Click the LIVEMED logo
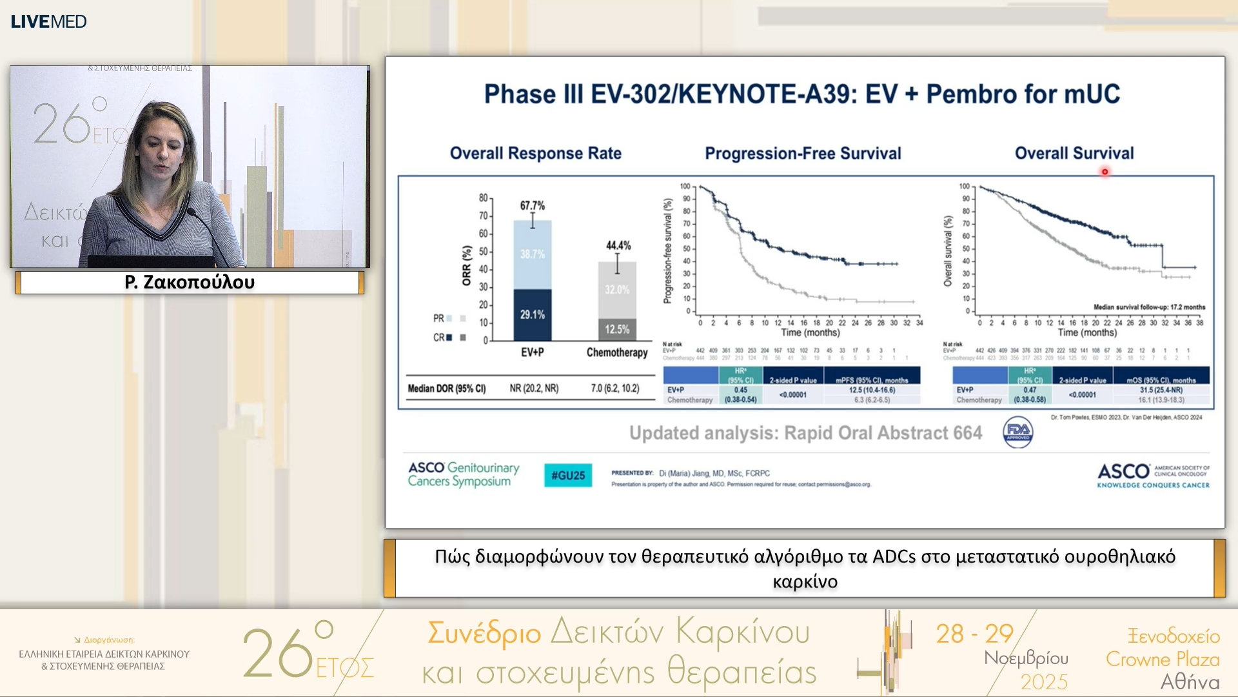[x=48, y=21]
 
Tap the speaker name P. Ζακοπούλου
[x=190, y=283]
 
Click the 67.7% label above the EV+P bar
[x=533, y=205]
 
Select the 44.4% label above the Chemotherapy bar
[x=618, y=245]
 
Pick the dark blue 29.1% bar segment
[x=533, y=315]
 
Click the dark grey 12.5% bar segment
[x=617, y=329]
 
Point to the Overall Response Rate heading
[x=535, y=154]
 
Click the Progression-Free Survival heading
[x=803, y=154]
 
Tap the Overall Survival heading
[x=1074, y=154]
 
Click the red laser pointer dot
[x=1105, y=172]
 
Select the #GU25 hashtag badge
[x=567, y=476]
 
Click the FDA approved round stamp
[x=1018, y=432]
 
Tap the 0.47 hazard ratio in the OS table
[x=1030, y=390]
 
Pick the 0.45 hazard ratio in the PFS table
[x=740, y=390]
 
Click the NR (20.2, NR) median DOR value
[x=534, y=389]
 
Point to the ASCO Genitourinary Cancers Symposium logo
[x=463, y=474]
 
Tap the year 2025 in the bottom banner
[x=1044, y=682]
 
